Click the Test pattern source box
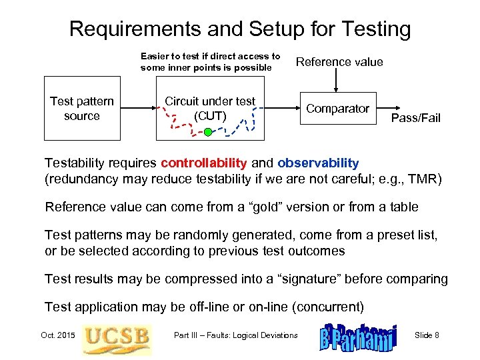[x=82, y=109]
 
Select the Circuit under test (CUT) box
[x=209, y=109]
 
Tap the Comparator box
[x=337, y=109]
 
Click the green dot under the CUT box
[x=207, y=133]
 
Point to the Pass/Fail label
[x=415, y=118]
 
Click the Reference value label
[x=339, y=62]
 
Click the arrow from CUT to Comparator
[x=280, y=109]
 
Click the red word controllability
[x=203, y=163]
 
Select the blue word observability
[x=318, y=163]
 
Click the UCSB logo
[x=116, y=335]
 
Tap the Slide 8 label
[x=427, y=335]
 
